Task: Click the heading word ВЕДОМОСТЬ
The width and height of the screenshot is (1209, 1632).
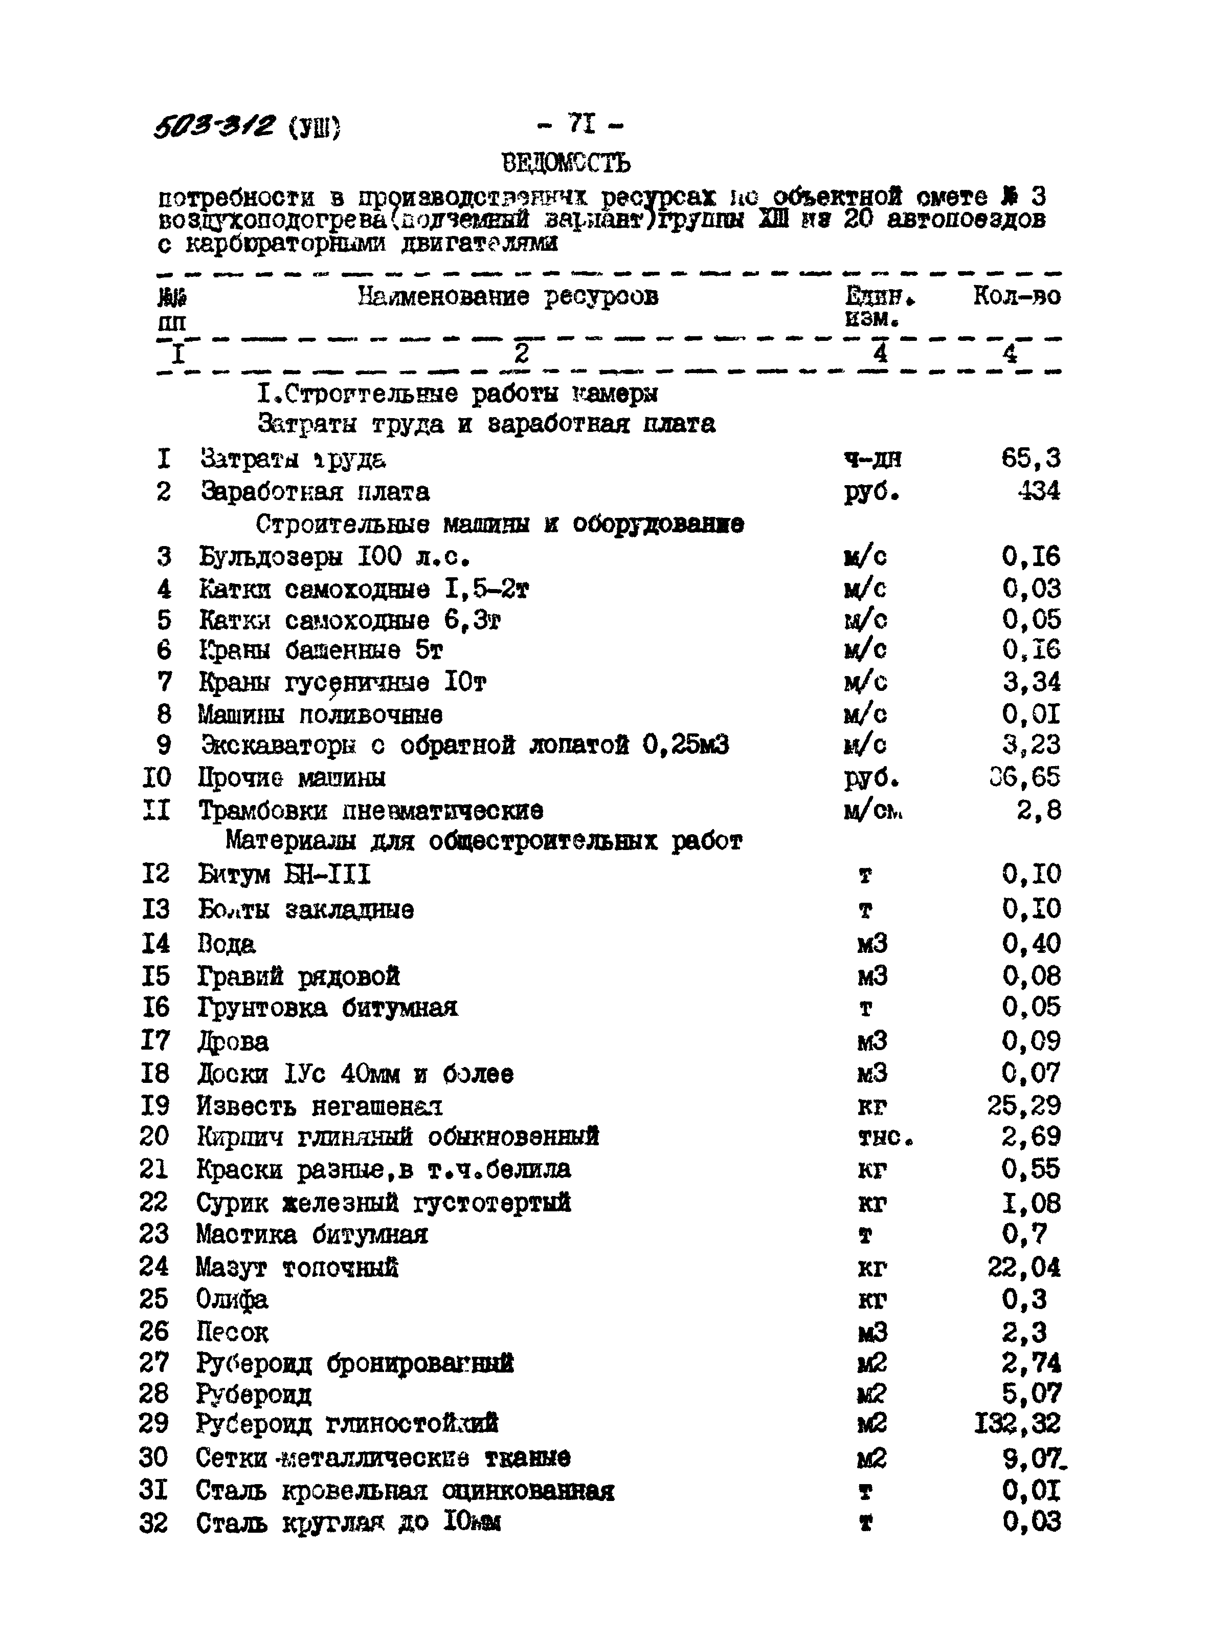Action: (x=566, y=163)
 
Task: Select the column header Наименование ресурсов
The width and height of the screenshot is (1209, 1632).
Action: (x=508, y=296)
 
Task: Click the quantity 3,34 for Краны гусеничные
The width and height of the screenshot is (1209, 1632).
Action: (x=1031, y=682)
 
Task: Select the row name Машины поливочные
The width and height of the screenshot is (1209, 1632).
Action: (x=320, y=714)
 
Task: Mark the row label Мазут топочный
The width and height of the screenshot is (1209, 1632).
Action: (x=297, y=1267)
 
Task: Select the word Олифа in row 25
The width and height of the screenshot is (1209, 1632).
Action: (x=232, y=1299)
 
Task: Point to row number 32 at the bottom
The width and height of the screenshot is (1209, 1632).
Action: (x=154, y=1523)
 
